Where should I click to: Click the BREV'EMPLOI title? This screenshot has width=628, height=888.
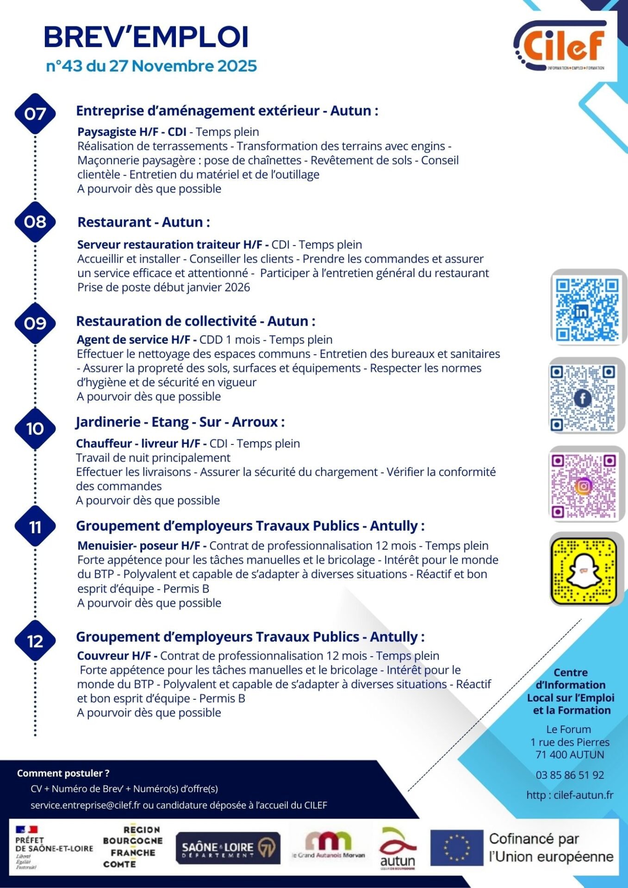146,37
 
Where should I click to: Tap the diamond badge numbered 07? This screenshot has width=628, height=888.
35,114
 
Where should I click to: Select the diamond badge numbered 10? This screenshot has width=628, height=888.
35,429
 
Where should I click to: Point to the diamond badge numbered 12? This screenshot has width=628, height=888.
35,641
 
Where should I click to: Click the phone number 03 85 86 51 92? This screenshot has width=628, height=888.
570,775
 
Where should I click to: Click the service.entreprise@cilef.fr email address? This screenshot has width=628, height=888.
85,805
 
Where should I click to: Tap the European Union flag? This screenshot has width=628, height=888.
456,848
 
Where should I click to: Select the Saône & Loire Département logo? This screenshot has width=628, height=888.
228,848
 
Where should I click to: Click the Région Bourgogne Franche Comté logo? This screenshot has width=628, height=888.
132,847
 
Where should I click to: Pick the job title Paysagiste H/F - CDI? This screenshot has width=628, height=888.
132,132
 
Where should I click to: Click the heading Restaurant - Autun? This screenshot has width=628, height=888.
143,222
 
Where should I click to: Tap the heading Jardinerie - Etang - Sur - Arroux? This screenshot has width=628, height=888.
180,422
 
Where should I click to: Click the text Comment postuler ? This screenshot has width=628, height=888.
63,773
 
